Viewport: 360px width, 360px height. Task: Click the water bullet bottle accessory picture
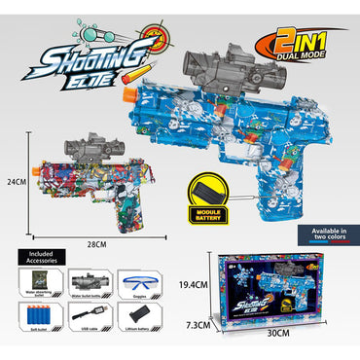click(x=90, y=285)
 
